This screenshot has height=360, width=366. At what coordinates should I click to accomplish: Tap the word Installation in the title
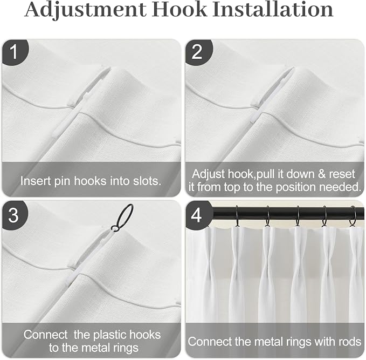[x=273, y=9]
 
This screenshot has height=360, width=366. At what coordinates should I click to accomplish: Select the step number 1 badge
[x=15, y=52]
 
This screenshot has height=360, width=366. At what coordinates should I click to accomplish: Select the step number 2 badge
[x=198, y=52]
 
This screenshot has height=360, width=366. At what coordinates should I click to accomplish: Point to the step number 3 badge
[x=14, y=215]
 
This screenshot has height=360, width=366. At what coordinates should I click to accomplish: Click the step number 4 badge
[x=197, y=215]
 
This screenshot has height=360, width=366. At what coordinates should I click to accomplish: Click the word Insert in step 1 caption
[x=36, y=181]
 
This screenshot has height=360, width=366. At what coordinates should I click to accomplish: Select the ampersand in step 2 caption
[x=321, y=174]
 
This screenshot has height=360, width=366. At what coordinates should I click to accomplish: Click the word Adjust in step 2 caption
[x=208, y=175]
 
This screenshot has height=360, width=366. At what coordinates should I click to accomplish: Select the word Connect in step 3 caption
[x=45, y=335]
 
